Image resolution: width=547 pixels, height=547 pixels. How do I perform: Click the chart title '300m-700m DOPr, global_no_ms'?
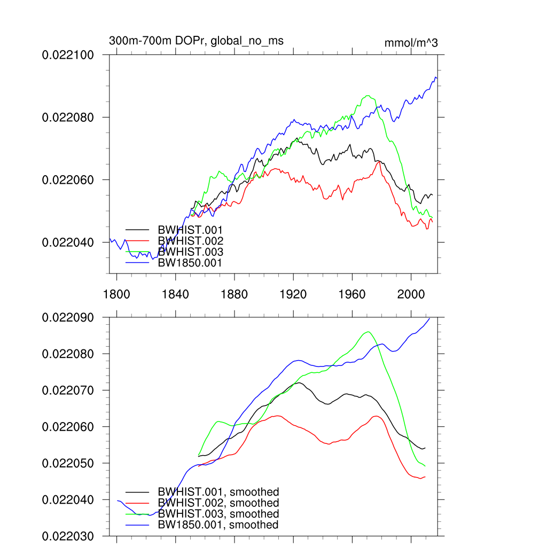[196, 41]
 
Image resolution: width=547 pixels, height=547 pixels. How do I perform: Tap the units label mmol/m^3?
[411, 43]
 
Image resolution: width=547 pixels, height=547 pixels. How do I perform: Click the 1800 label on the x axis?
[116, 293]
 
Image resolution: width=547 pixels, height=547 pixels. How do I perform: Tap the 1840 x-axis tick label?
[175, 293]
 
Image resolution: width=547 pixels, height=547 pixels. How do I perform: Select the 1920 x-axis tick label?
[293, 293]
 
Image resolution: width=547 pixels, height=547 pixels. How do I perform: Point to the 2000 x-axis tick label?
[411, 293]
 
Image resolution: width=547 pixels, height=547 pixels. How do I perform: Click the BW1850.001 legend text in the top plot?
[190, 263]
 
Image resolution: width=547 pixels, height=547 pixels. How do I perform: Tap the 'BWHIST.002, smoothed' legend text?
[218, 503]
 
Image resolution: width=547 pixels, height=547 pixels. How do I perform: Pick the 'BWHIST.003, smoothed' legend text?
[218, 514]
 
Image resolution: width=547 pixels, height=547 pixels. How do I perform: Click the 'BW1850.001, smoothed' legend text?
[218, 525]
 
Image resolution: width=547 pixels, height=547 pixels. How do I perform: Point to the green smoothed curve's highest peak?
[368, 332]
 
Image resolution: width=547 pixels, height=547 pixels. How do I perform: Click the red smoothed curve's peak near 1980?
[377, 416]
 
